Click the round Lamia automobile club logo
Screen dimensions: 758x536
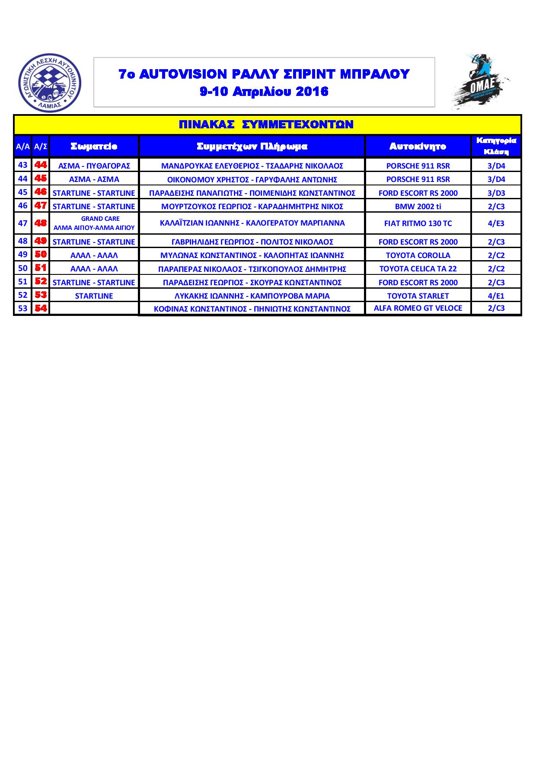click(50, 82)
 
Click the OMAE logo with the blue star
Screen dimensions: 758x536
click(481, 82)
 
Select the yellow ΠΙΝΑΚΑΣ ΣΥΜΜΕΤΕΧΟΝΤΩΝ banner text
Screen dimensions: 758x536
click(266, 125)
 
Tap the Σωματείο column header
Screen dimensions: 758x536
click(94, 147)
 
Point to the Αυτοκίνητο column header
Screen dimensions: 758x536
click(418, 147)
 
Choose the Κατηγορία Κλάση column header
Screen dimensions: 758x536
click(496, 146)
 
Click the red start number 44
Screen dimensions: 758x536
click(41, 165)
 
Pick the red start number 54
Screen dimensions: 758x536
click(41, 309)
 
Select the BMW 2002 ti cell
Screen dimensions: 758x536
click(418, 207)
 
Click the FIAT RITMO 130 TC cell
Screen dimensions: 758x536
click(418, 223)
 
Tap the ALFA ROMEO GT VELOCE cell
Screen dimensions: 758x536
click(418, 308)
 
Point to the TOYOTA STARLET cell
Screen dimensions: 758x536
click(418, 296)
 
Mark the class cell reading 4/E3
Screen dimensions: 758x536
click(496, 223)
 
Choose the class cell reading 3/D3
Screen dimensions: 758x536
click(496, 193)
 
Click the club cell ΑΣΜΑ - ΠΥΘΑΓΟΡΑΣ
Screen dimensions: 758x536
click(94, 166)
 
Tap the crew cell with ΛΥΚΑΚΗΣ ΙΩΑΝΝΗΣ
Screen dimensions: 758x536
click(252, 296)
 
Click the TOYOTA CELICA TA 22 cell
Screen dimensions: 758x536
click(418, 269)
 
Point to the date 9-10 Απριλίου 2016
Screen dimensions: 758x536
click(264, 92)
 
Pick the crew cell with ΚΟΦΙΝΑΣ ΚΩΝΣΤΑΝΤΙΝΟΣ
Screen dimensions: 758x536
click(252, 309)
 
